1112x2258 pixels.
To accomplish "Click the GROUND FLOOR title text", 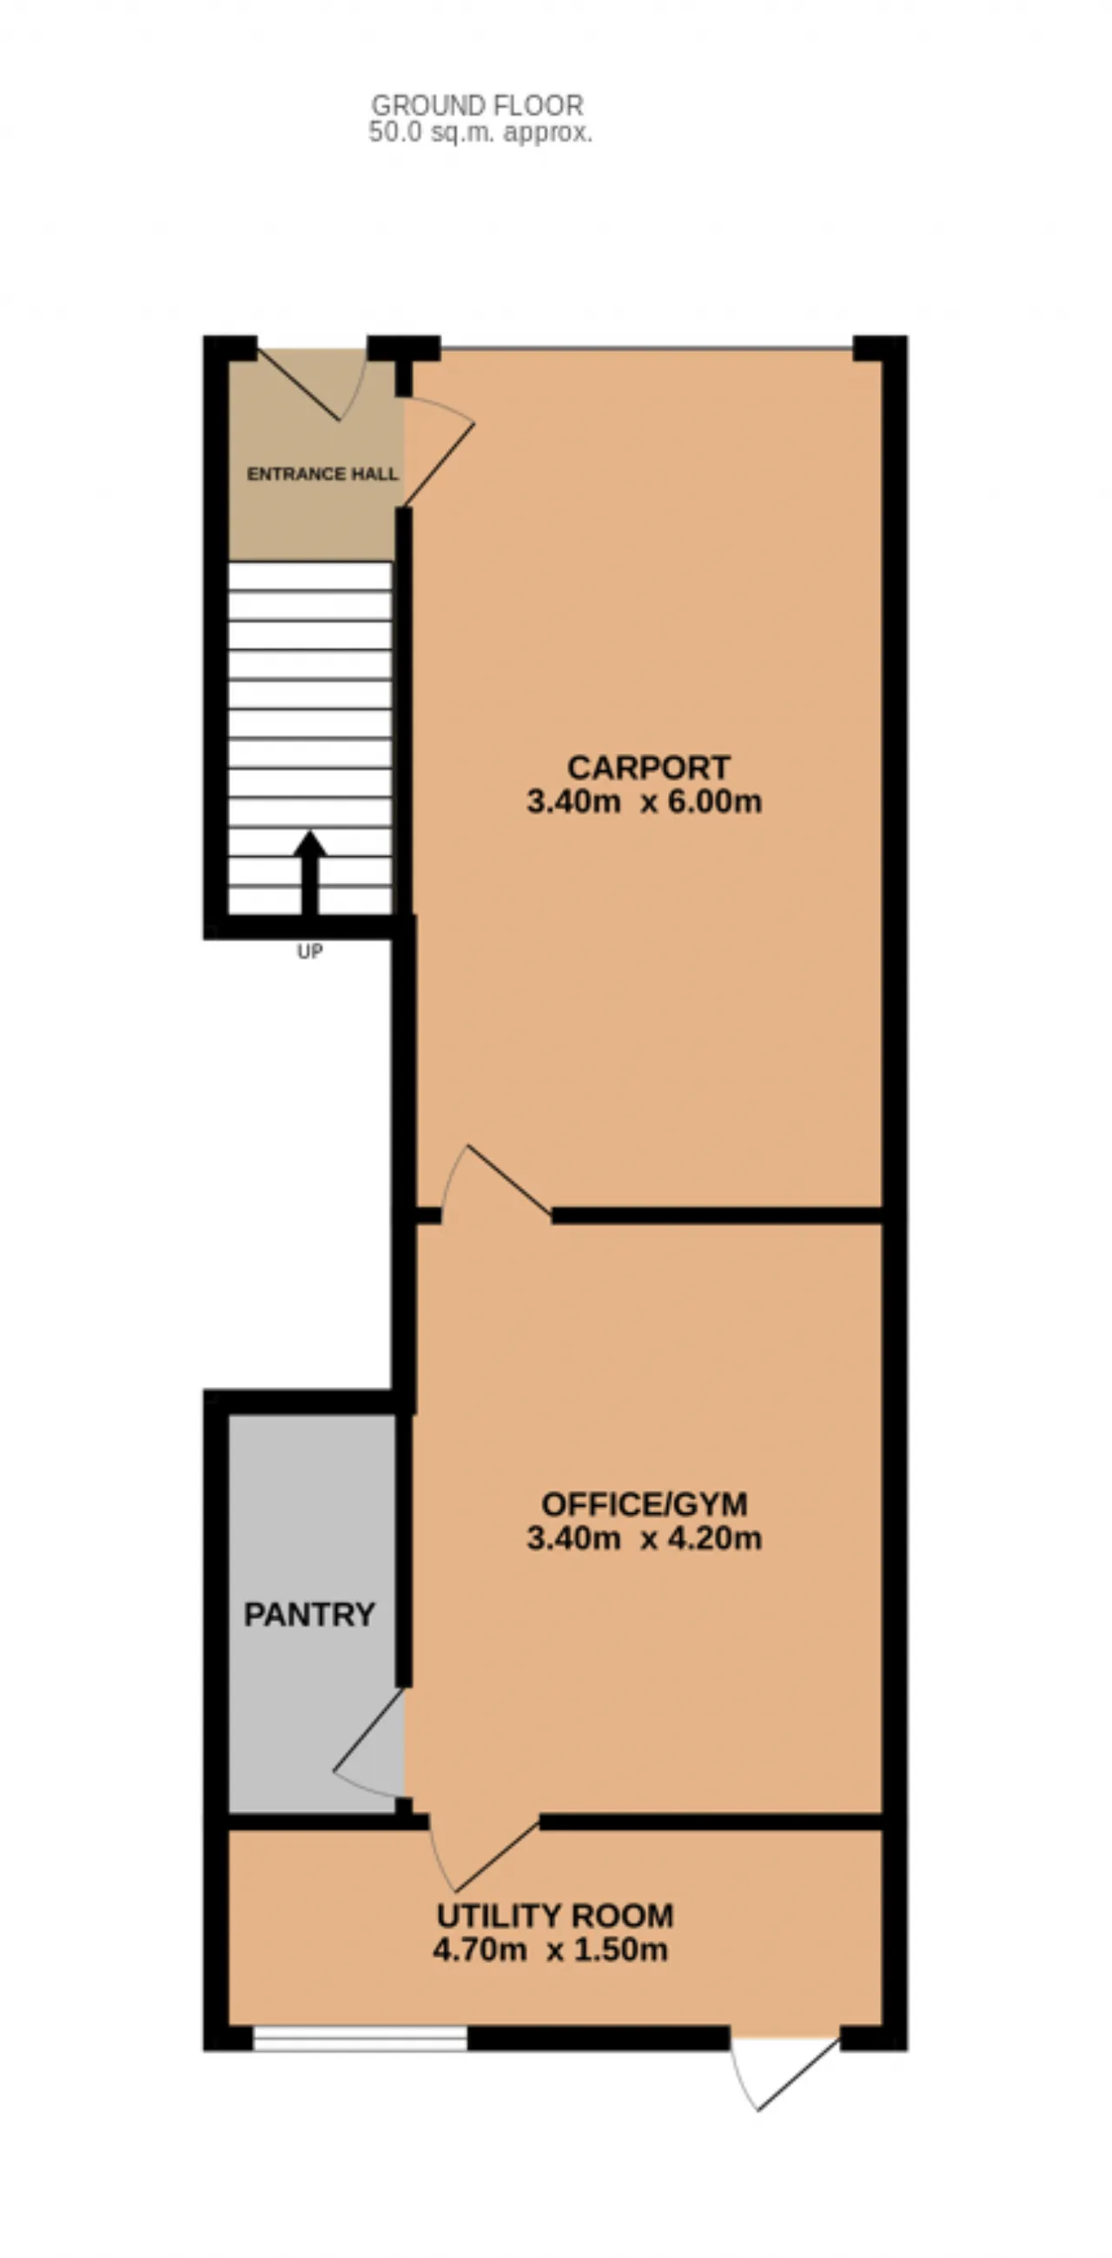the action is click(x=477, y=105).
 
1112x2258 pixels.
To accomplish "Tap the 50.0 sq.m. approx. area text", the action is click(x=480, y=132).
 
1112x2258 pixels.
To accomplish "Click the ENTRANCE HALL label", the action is click(x=322, y=475).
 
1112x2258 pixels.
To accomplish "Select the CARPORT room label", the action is click(x=647, y=767).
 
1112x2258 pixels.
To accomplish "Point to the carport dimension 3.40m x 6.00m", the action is click(x=644, y=802).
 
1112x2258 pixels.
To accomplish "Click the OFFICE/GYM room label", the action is click(x=644, y=1504).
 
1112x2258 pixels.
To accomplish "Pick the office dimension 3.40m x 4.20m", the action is click(x=644, y=1538).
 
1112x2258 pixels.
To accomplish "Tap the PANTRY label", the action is click(x=309, y=1615).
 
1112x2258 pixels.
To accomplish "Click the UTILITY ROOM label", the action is click(x=554, y=1916).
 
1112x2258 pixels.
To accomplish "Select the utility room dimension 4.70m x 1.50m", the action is click(x=550, y=1950).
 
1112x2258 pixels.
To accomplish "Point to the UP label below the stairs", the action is click(x=309, y=951).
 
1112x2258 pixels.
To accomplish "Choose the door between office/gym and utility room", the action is click(x=483, y=1853).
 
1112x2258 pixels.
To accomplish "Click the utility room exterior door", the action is click(x=785, y=2076).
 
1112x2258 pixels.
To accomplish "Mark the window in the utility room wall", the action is click(x=361, y=2039).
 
